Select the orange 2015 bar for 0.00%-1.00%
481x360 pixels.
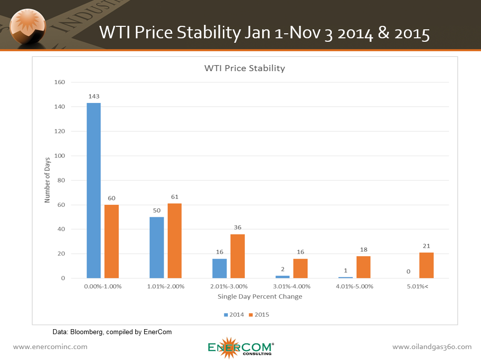111,241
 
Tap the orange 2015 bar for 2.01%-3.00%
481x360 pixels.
237,256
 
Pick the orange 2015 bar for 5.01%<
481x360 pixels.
426,265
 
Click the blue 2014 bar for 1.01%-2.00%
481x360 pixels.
157,247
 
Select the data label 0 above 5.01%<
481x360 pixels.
408,272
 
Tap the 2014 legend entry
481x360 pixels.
233,314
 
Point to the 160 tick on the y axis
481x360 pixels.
60,83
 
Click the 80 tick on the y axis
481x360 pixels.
61,180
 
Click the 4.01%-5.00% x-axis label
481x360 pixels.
354,287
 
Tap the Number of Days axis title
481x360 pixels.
48,180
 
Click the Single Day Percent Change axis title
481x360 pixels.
260,297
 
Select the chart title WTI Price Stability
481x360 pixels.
245,68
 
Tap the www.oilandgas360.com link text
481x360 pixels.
432,347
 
